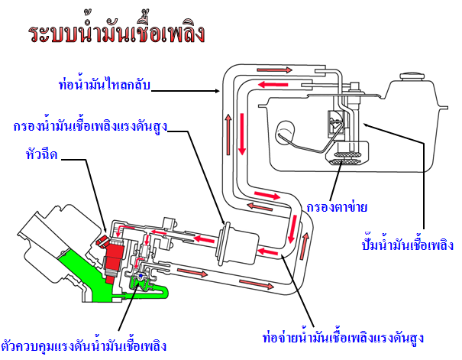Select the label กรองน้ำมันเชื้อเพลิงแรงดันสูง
point(90,126)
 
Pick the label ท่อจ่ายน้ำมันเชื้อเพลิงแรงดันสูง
point(342,336)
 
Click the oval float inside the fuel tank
point(287,131)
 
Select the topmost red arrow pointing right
point(279,70)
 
